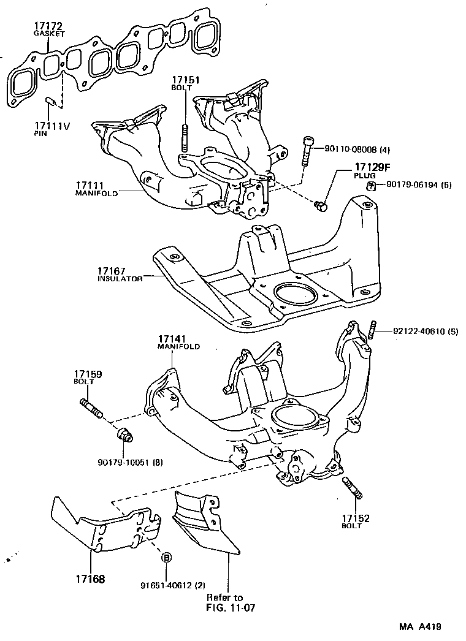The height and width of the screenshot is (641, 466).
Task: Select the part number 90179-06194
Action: click(x=418, y=184)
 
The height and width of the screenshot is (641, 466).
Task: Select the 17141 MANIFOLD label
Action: click(x=178, y=342)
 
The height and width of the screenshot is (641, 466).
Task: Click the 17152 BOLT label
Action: click(x=356, y=521)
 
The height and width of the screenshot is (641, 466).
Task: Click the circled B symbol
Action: click(x=166, y=557)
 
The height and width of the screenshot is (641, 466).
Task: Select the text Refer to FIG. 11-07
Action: click(x=224, y=602)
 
